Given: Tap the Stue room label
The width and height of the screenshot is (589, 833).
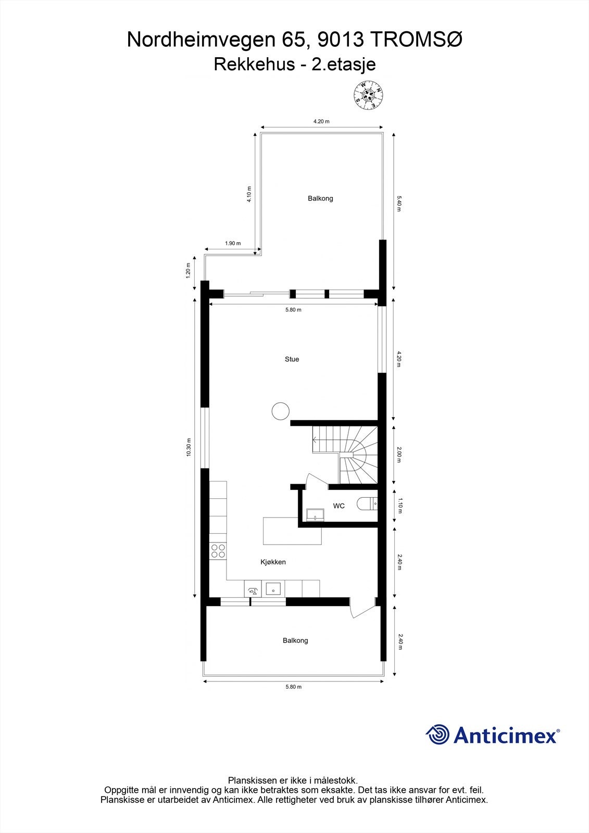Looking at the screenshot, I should [292, 359].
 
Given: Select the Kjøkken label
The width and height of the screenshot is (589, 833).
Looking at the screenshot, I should [273, 562].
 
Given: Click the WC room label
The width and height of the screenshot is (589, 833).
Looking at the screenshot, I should [339, 506].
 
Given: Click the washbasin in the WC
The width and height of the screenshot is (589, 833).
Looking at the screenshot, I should [316, 515].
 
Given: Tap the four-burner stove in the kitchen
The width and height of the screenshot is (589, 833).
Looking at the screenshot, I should [218, 551].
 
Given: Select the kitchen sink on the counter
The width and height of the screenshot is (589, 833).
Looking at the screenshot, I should [273, 589].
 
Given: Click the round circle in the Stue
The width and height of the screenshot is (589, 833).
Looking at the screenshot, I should [280, 411].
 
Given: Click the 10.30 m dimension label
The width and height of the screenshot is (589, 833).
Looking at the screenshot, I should [189, 447].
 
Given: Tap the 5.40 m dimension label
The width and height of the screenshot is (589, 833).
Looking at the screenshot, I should [399, 204].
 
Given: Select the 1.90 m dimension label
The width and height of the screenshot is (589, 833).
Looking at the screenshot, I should [233, 243].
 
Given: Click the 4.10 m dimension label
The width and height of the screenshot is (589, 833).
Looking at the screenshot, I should [249, 194].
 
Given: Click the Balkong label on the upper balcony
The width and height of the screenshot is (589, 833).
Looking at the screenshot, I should [320, 198].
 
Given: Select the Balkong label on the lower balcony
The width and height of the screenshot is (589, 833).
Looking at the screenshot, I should [295, 640].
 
